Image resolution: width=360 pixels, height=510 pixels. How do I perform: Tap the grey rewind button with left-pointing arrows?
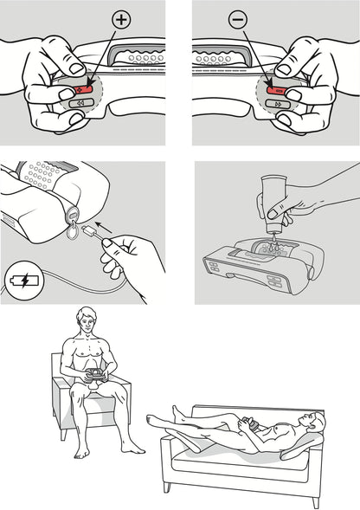[83, 102]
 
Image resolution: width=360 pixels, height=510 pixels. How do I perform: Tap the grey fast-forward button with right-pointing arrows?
[276, 102]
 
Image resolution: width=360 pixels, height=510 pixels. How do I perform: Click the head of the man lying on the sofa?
[316, 423]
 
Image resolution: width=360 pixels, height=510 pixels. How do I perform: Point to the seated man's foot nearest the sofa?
[135, 449]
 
